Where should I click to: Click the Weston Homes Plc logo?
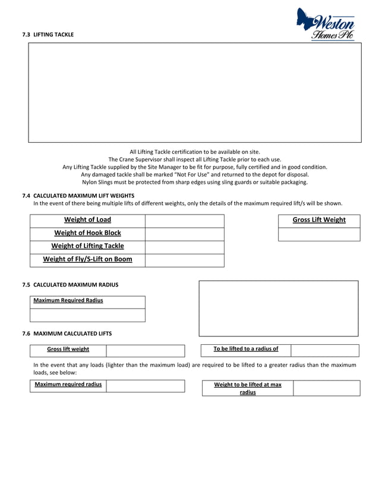pyautogui.click(x=327, y=25)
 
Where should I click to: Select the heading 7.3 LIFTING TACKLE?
pyautogui.click(x=48, y=35)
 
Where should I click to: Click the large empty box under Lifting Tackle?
pyautogui.click(x=195, y=93)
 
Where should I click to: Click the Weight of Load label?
pyautogui.click(x=87, y=220)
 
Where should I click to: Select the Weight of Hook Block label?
pyautogui.click(x=87, y=233)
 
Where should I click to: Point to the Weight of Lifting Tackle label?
pyautogui.click(x=87, y=246)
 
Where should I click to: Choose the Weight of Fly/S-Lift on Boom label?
pyautogui.click(x=87, y=259)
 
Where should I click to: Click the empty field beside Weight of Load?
pyautogui.click(x=184, y=221)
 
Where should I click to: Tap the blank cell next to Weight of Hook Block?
pyautogui.click(x=184, y=234)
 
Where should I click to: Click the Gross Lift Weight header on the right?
pyautogui.click(x=319, y=220)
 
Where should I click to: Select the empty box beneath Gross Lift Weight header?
pyautogui.click(x=319, y=234)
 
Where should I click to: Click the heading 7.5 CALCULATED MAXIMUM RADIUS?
pyautogui.click(x=70, y=285)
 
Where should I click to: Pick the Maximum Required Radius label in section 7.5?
pyautogui.click(x=68, y=301)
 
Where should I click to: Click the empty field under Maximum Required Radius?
pyautogui.click(x=87, y=315)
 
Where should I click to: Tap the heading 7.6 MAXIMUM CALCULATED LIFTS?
pyautogui.click(x=67, y=333)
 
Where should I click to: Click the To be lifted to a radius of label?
pyautogui.click(x=246, y=349)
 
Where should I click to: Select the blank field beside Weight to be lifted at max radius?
pyautogui.click(x=326, y=388)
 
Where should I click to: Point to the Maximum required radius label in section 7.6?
pyautogui.click(x=68, y=385)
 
